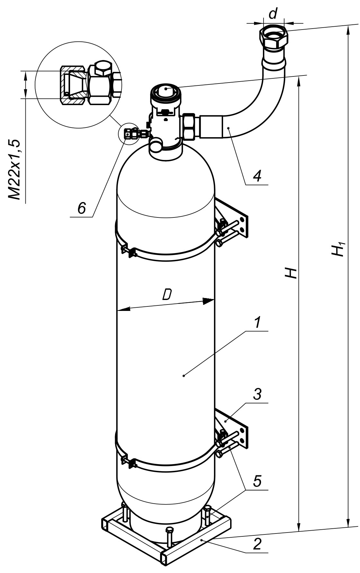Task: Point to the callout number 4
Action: click(257, 176)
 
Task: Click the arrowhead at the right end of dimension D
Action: click(209, 301)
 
